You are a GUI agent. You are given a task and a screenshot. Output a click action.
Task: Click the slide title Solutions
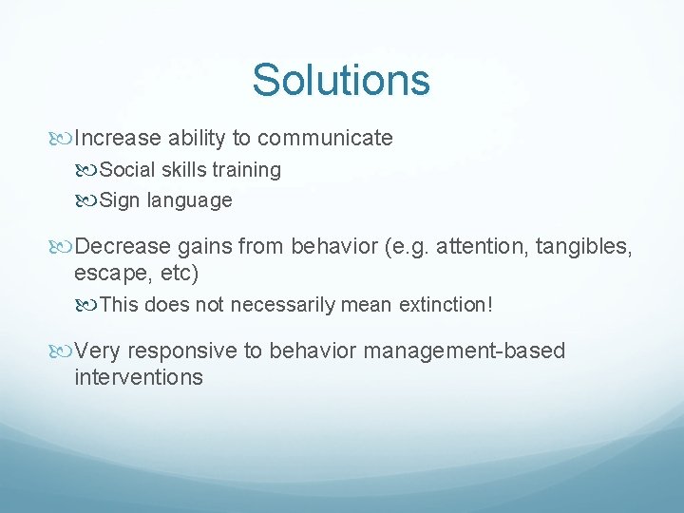(x=341, y=80)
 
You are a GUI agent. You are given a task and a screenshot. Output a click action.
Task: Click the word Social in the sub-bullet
(x=124, y=170)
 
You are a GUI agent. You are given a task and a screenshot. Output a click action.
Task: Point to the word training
(x=246, y=170)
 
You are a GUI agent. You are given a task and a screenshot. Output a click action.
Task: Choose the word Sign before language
(x=119, y=200)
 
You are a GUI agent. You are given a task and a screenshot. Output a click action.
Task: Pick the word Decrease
(x=122, y=248)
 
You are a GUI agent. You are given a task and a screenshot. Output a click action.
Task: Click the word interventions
(x=138, y=377)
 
